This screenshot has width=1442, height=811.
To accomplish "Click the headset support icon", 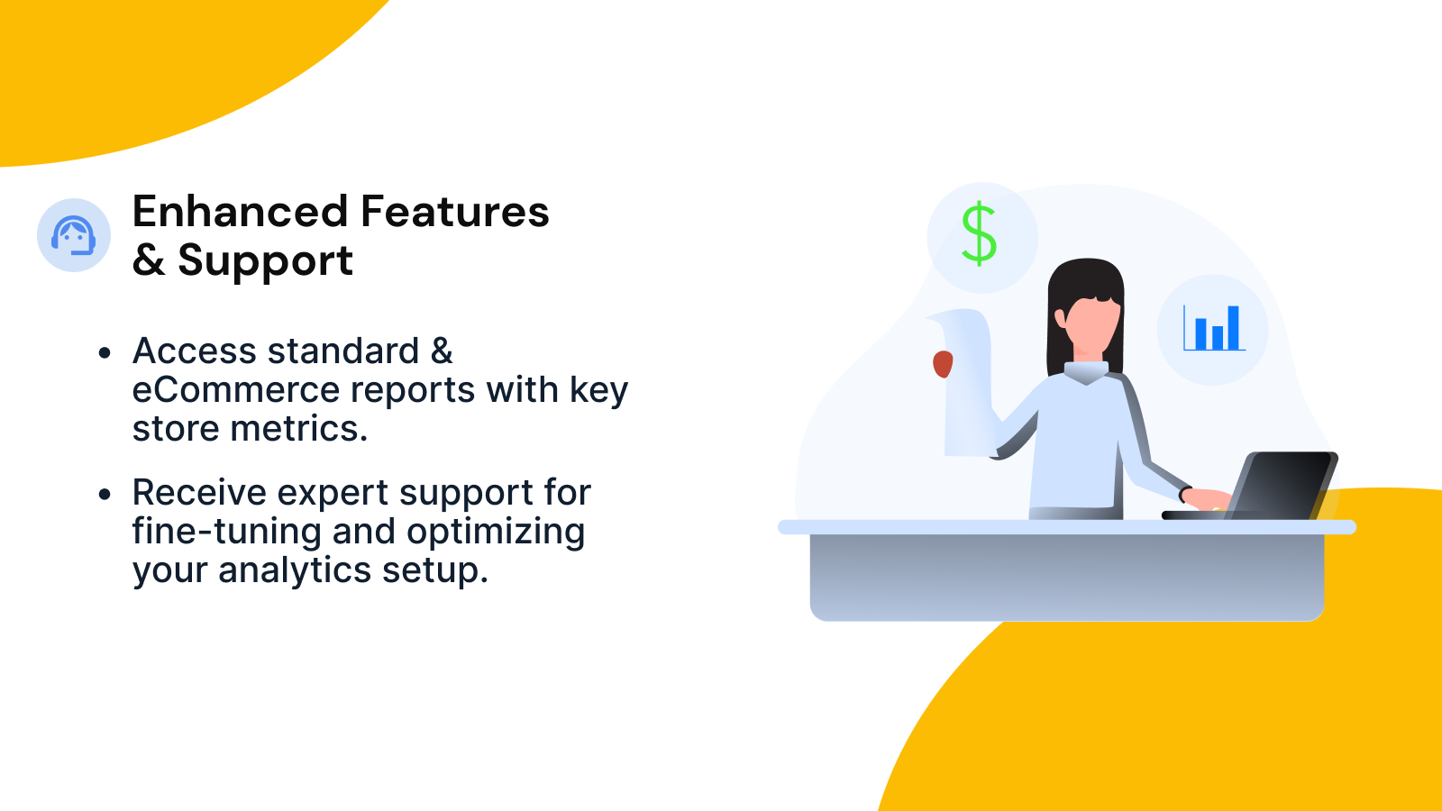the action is pos(73,235).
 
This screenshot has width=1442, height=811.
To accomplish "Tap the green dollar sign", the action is pos(979,233).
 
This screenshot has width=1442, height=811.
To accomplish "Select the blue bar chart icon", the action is pos(1214,328).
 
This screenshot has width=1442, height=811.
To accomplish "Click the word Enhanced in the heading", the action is pos(240,212).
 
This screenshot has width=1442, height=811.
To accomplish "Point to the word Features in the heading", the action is pos(454,212).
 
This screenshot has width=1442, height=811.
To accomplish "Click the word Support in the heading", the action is pos(265,261).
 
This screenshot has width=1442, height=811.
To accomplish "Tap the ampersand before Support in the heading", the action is pos(149,260).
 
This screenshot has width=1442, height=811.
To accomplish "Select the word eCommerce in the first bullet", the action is pos(235,390).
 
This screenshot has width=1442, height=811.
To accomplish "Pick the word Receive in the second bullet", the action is pos(199,493).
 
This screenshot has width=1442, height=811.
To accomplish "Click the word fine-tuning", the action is pos(226,533).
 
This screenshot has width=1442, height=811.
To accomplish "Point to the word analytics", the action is pos(295,571).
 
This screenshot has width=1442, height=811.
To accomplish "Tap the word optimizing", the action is pos(496,533).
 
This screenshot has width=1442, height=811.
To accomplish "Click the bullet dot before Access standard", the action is pos(105,352).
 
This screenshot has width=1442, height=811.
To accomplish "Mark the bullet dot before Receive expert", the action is pos(105,495).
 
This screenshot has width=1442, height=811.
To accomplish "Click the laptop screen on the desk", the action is pos(1281,486).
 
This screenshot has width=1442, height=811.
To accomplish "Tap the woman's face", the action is pos(1092,326).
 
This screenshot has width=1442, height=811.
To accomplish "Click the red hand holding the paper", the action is pos(943,364).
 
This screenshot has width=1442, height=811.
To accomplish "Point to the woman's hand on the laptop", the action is pos(1208,499).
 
